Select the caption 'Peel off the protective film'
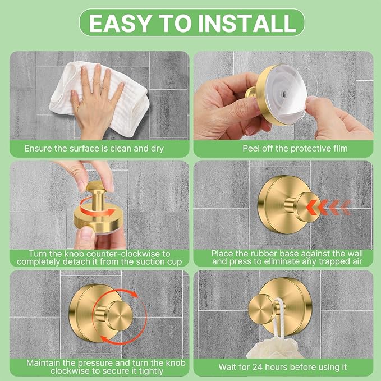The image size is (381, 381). coord(287,149)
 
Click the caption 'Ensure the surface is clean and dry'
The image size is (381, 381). coord(98,149)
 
